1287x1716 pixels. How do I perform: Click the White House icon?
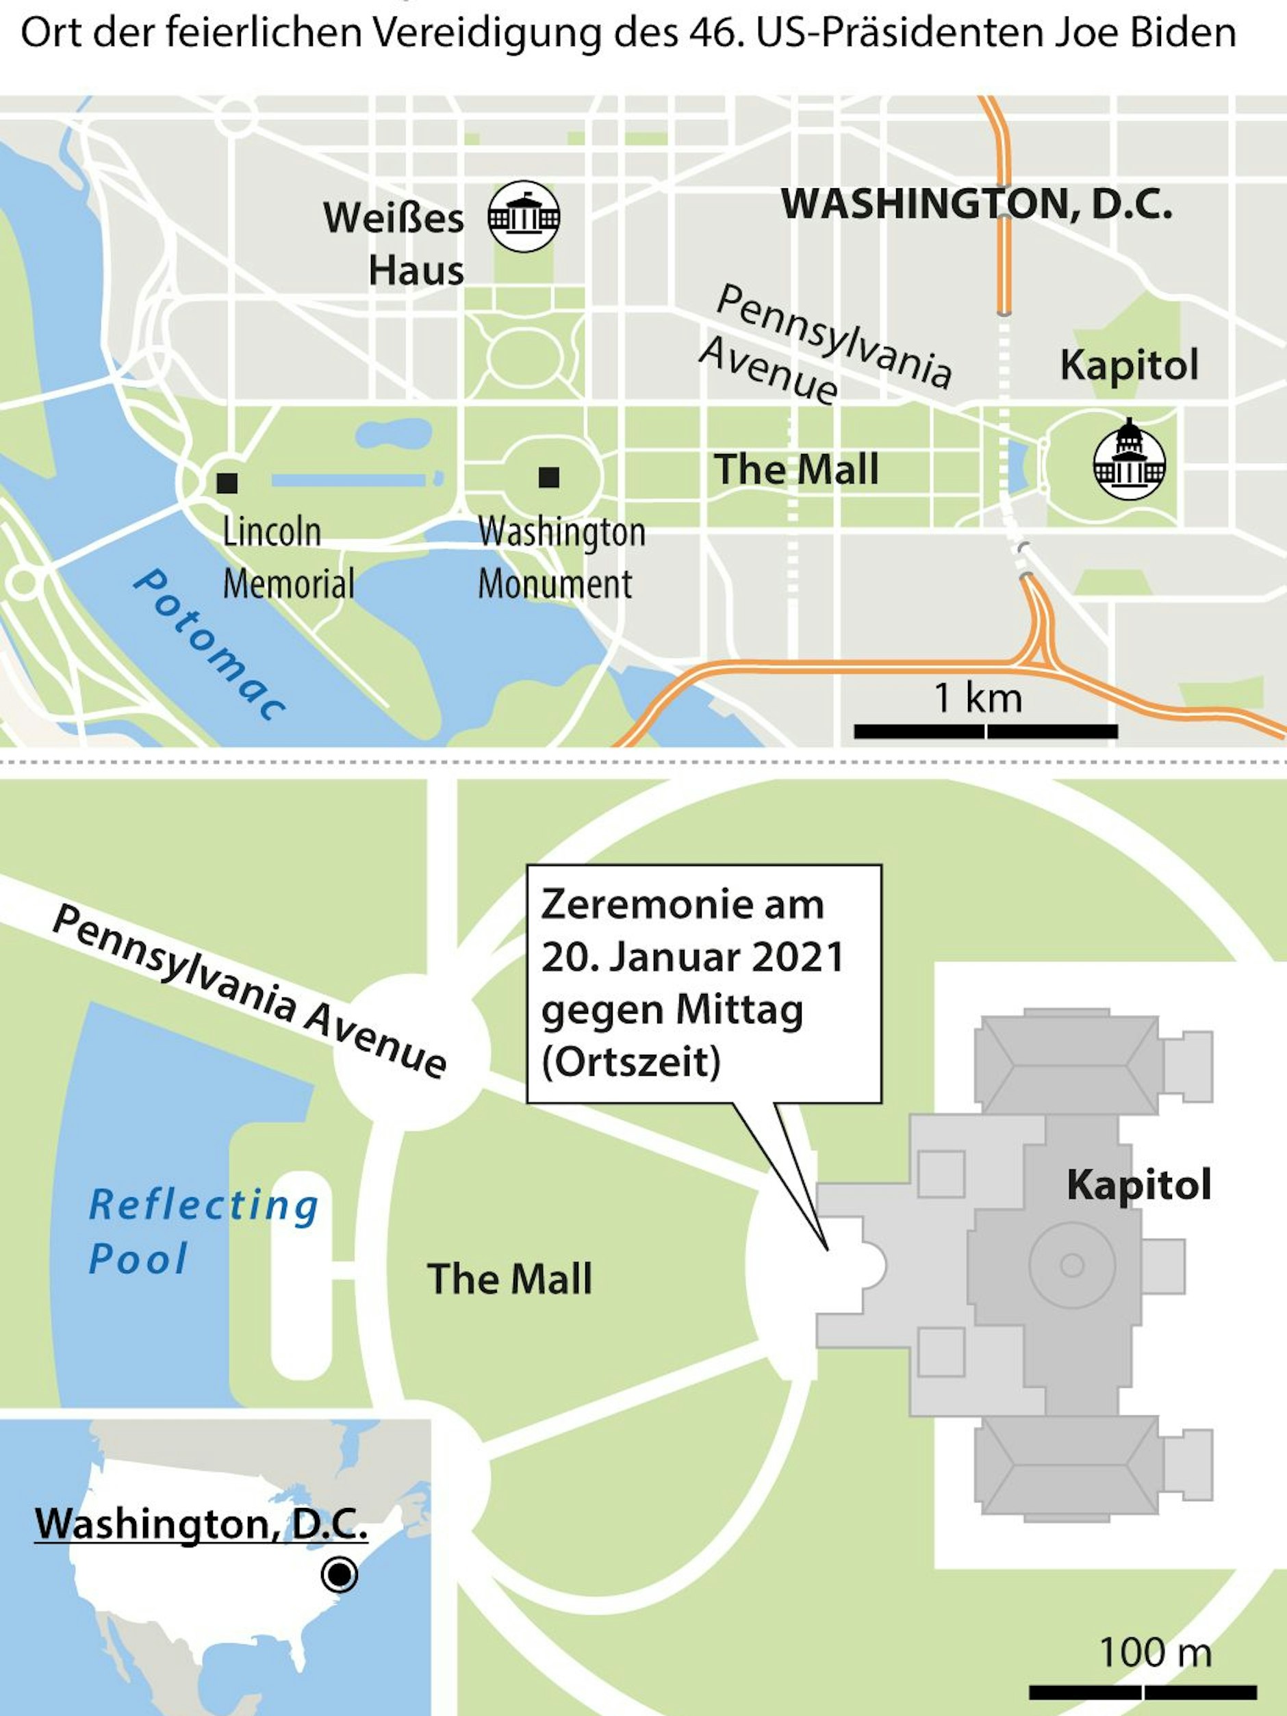pyautogui.click(x=524, y=216)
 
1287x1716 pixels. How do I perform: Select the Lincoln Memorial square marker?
pyautogui.click(x=227, y=483)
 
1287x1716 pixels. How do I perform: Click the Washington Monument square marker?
pyautogui.click(x=548, y=477)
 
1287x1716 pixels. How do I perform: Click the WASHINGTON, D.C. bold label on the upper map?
pyautogui.click(x=976, y=204)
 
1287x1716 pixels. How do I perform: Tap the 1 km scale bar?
pyautogui.click(x=985, y=731)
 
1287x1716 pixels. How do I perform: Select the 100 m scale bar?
pyautogui.click(x=1143, y=1692)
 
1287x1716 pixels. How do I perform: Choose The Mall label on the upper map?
pyautogui.click(x=797, y=470)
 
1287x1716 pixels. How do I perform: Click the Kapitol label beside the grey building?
pyautogui.click(x=1138, y=1185)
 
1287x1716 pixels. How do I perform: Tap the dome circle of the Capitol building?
pyautogui.click(x=1072, y=1266)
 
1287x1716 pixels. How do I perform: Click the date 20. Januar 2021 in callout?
pyautogui.click(x=692, y=958)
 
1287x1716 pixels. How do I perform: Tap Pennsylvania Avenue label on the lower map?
pyautogui.click(x=249, y=991)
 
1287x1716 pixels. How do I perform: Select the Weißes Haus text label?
pyautogui.click(x=394, y=244)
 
